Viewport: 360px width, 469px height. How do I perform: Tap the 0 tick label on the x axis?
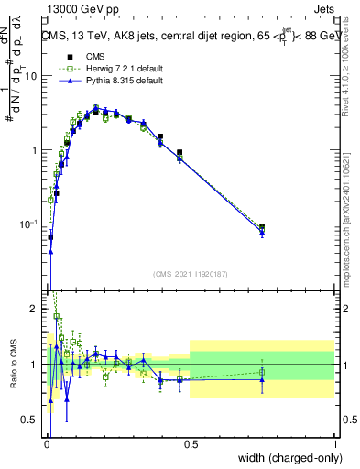(x=46, y=442)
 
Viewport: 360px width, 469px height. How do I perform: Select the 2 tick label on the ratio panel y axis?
(x=36, y=309)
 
